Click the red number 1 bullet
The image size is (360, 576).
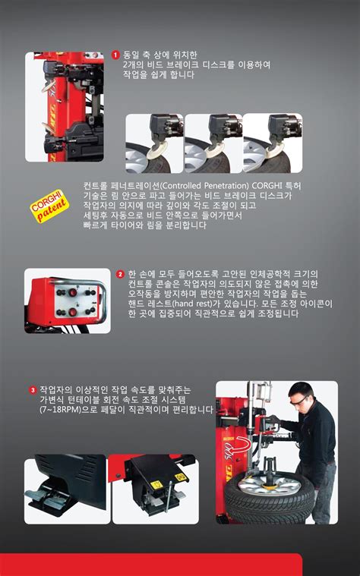[115, 55]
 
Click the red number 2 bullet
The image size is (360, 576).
[121, 273]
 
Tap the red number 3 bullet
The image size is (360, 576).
[33, 389]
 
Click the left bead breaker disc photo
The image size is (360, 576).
[153, 143]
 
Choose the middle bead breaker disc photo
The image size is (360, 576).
[213, 143]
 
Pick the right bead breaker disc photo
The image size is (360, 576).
[272, 143]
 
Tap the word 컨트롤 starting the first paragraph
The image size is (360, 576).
[98, 184]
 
